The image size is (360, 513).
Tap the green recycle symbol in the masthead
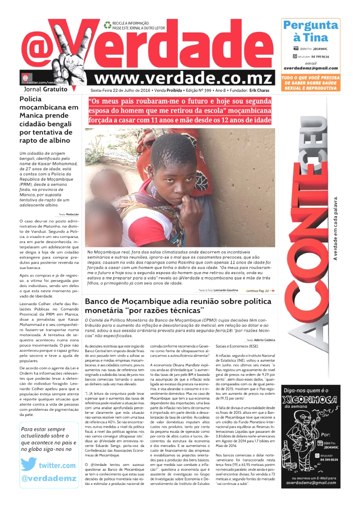107,25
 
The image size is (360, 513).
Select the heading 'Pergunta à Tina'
310,32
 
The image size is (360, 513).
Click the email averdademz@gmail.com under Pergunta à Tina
310,68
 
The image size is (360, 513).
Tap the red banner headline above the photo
180,111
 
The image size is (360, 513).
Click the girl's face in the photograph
172,170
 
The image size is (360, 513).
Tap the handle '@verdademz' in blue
49,479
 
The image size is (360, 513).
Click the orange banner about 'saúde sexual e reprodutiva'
310,83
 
